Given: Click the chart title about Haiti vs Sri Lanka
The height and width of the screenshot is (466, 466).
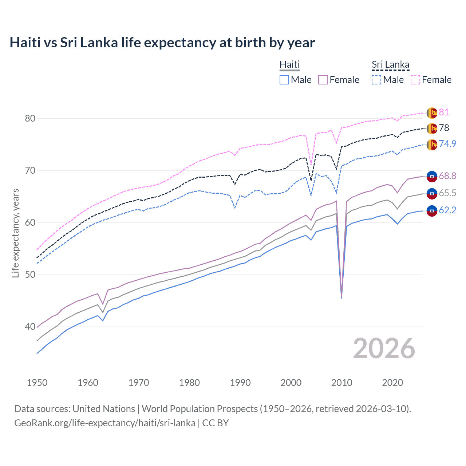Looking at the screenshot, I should pyautogui.click(x=162, y=43).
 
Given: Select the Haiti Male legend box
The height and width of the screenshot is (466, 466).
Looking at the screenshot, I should pyautogui.click(x=284, y=80).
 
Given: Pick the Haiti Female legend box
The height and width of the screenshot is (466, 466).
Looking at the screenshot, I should pyautogui.click(x=323, y=80).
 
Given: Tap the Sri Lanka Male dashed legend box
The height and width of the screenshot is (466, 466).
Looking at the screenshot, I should pyautogui.click(x=376, y=80).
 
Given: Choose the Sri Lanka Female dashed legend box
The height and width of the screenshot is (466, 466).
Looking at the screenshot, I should pyautogui.click(x=415, y=80).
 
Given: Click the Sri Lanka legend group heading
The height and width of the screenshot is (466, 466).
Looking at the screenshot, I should pyautogui.click(x=390, y=64).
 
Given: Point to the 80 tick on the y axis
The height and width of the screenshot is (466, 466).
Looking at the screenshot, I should pyautogui.click(x=30, y=118).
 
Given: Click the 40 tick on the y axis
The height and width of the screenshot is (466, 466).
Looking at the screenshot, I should pyautogui.click(x=30, y=327).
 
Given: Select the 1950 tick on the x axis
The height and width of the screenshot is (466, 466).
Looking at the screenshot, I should pyautogui.click(x=37, y=383).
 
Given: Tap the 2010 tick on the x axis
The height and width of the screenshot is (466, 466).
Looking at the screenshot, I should pyautogui.click(x=341, y=383).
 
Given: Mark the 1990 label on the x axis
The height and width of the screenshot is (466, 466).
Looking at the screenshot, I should pyautogui.click(x=240, y=383).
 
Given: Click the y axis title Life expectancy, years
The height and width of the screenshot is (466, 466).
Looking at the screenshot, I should pyautogui.click(x=15, y=233).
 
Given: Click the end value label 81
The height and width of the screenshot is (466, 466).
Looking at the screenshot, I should pyautogui.click(x=444, y=112).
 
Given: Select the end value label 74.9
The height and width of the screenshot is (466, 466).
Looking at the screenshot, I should pyautogui.click(x=447, y=144).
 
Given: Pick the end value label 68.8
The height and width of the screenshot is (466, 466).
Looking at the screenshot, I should pyautogui.click(x=447, y=176).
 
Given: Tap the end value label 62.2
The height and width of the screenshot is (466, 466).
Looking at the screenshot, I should pyautogui.click(x=447, y=210).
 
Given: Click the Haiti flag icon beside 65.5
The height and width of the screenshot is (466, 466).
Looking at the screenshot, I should pyautogui.click(x=432, y=193).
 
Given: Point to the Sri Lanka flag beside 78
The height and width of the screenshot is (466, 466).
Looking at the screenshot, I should pyautogui.click(x=432, y=129).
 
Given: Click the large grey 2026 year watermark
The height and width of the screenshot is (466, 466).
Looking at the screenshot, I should pyautogui.click(x=384, y=348).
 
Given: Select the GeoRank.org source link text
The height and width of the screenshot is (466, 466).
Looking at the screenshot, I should pyautogui.click(x=105, y=423).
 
